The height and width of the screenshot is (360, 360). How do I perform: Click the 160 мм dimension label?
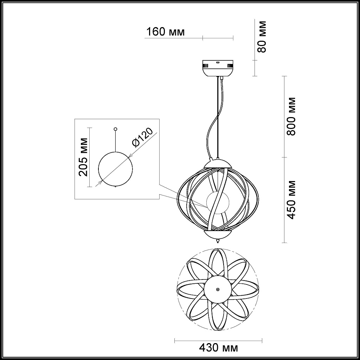[165, 32]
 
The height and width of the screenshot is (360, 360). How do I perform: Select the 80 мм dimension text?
[262, 37]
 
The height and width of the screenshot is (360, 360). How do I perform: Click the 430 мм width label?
[218, 348]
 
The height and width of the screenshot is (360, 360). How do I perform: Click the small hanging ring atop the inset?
[115, 129]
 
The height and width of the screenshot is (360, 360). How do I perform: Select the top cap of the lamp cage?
[218, 163]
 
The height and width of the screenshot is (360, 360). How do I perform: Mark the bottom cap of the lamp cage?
[218, 234]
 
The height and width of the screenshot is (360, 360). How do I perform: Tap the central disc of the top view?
[218, 289]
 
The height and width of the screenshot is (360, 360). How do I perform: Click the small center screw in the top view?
[218, 289]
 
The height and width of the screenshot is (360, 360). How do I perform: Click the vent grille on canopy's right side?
[230, 65]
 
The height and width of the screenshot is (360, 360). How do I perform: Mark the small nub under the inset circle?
[116, 187]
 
